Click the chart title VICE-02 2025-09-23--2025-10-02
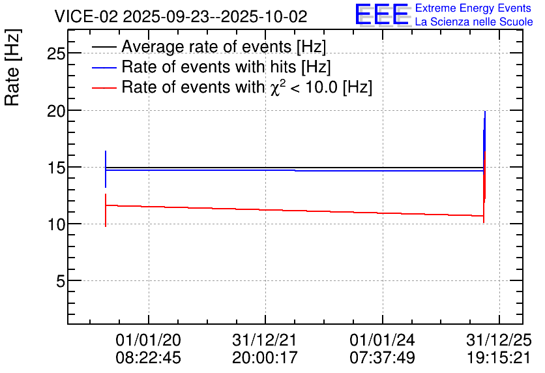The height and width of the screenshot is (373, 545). (x=181, y=16)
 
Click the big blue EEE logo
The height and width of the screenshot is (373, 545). (x=382, y=14)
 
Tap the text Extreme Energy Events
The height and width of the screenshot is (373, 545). (x=473, y=8)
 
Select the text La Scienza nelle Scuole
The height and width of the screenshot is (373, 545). (x=474, y=22)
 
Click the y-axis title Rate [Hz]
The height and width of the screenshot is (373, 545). (x=12, y=67)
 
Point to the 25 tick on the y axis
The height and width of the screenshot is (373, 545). (x=55, y=53)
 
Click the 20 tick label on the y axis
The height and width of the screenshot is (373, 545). (x=55, y=111)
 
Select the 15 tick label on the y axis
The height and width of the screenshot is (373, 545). (x=55, y=168)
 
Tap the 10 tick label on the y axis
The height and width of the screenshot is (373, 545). (x=55, y=224)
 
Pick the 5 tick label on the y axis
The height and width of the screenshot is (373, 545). (x=61, y=281)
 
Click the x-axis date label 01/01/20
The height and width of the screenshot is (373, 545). (x=149, y=340)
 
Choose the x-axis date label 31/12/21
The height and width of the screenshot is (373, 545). (x=265, y=340)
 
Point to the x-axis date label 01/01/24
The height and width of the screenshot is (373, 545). (x=382, y=340)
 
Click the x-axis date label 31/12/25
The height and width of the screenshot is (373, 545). (x=499, y=340)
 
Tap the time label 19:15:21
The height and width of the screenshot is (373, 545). (x=499, y=357)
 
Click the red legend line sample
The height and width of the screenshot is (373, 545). (x=104, y=88)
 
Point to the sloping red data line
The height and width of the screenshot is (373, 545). (x=295, y=211)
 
